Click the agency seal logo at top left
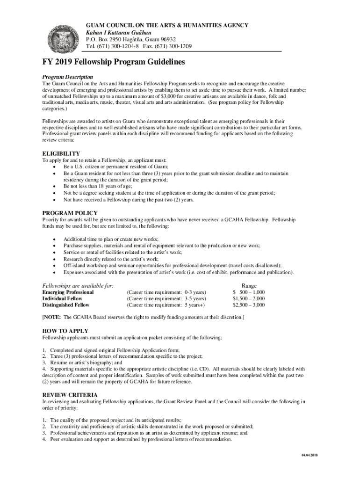(63, 36)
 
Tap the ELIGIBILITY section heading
(61, 153)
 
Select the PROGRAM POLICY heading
(70, 213)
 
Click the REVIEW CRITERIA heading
(70, 394)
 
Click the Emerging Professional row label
(68, 292)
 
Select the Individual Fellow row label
(62, 298)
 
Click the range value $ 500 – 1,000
(249, 292)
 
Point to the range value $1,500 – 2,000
(249, 298)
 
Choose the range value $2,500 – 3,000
(249, 305)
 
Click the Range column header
(249, 286)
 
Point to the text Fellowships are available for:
(78, 286)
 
